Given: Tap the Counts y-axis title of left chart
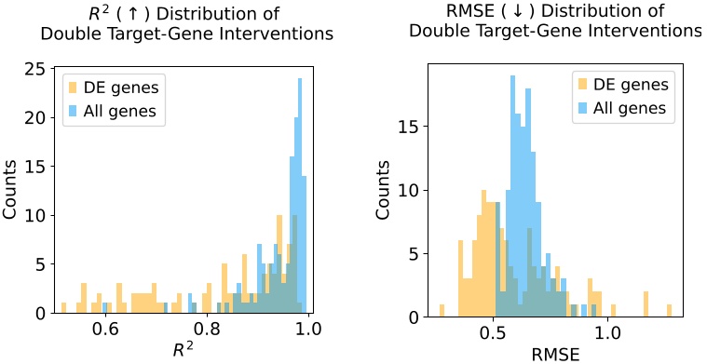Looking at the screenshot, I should pyautogui.click(x=11, y=192).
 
